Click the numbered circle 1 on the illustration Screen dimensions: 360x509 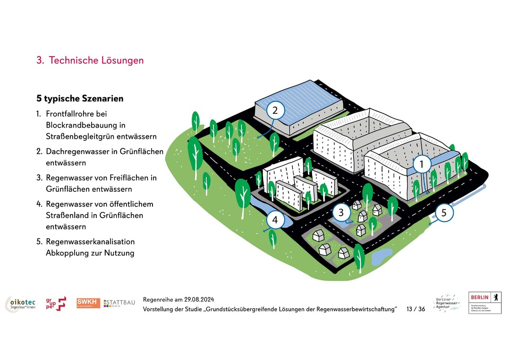422,164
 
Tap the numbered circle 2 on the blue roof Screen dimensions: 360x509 276,111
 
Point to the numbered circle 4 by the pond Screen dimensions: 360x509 275,220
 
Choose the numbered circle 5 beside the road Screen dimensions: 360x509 444,213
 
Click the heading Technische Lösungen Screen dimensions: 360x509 96,60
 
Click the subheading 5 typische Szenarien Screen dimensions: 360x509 80,99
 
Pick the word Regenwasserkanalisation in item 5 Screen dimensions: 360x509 90,241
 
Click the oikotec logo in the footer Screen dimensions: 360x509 20,304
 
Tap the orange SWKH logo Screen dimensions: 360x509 88,303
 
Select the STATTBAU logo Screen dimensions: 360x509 119,303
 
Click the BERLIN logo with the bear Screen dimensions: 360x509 485,302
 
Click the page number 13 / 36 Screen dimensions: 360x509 416,309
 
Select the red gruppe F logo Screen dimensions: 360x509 56,303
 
